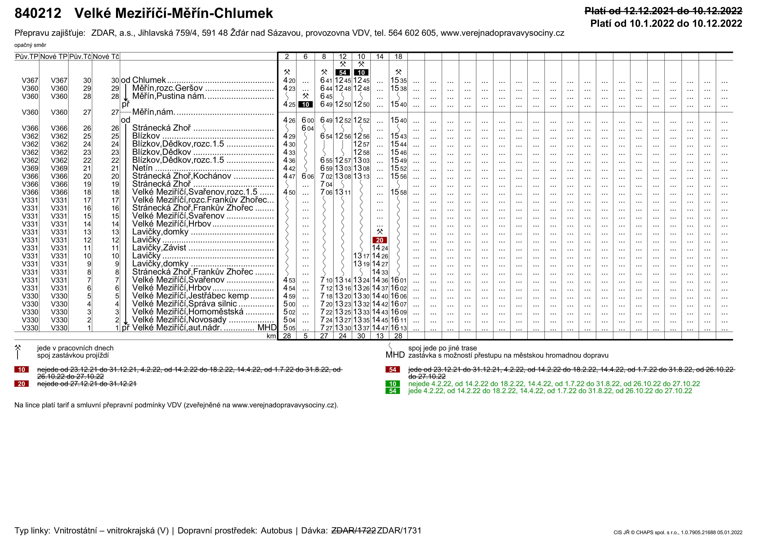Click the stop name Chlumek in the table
coord(149,80)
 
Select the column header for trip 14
coord(380,57)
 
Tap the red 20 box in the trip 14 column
coord(380,240)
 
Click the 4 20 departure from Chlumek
coord(289,80)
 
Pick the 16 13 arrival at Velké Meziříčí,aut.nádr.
coord(398,328)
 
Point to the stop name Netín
coord(142,168)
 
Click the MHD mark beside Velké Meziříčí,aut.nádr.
coord(267,328)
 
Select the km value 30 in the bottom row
coord(361,336)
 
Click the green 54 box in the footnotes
coord(393,391)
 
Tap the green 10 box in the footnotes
coord(393,384)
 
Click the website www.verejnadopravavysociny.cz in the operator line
coord(502,33)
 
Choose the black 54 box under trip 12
coord(343,72)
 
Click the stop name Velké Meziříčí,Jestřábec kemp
coord(190,296)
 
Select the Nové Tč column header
coord(106,57)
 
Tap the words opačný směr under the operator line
coord(30,45)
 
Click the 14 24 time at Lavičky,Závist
coord(380,248)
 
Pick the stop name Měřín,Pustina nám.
coord(169,96)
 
